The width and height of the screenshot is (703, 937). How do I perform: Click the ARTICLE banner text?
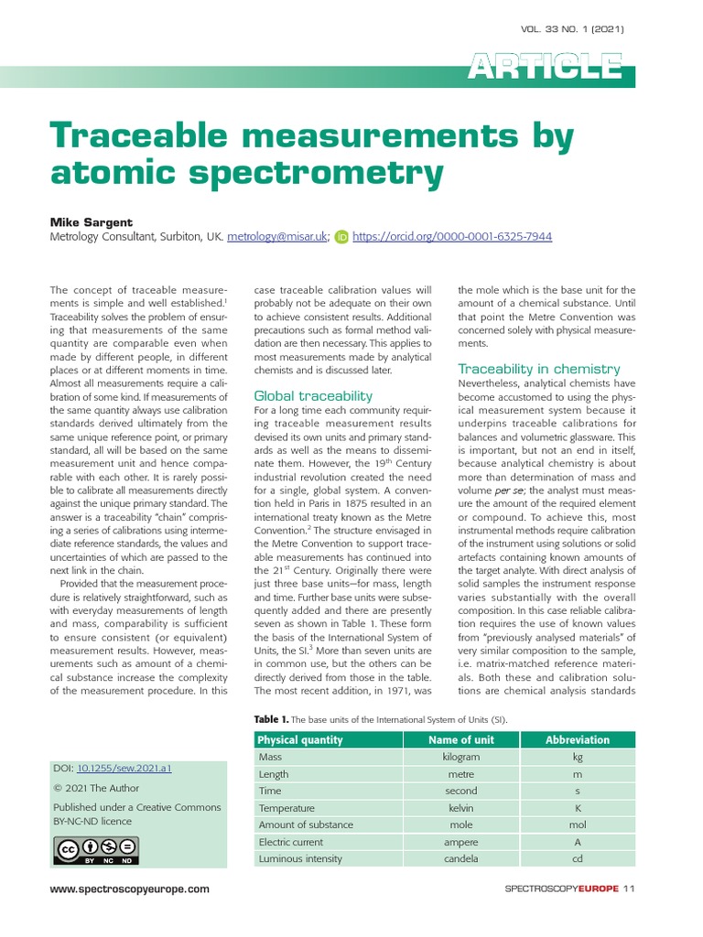(545, 67)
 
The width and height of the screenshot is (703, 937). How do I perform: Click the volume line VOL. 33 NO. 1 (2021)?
(572, 29)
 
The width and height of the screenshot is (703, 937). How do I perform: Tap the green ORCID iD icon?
(341, 236)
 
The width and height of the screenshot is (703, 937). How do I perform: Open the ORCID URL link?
(452, 236)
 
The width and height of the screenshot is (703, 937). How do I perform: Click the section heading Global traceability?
(312, 395)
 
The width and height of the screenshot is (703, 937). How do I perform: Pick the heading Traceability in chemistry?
(538, 368)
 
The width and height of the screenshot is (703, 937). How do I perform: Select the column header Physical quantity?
(300, 739)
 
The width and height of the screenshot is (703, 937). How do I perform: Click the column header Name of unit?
(460, 739)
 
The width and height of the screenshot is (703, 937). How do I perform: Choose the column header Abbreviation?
(577, 739)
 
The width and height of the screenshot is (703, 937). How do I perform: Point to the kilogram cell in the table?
(460, 757)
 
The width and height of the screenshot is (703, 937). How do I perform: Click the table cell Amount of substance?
(306, 824)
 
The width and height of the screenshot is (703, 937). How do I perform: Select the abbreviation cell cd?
(577, 858)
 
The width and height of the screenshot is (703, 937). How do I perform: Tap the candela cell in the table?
(460, 858)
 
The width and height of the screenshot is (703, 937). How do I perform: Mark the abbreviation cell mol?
(577, 824)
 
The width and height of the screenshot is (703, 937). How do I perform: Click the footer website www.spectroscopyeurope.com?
(130, 889)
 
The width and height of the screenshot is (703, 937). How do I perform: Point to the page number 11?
(629, 889)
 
